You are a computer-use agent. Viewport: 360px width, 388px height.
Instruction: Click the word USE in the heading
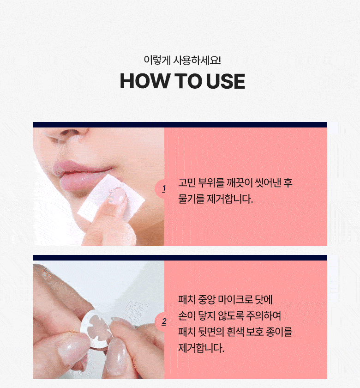(x=226, y=81)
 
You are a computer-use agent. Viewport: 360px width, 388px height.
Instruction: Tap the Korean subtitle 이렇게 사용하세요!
(x=182, y=61)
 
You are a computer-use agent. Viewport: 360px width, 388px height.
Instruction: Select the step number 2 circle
(x=163, y=321)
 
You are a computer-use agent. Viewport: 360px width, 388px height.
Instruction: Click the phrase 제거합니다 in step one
(x=230, y=199)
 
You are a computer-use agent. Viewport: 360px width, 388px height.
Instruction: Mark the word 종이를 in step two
(x=279, y=332)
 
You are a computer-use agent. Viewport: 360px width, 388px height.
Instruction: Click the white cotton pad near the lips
(x=111, y=198)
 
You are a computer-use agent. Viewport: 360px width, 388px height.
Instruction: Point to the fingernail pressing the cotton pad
(x=118, y=195)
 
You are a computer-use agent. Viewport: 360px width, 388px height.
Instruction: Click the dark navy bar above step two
(x=180, y=258)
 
